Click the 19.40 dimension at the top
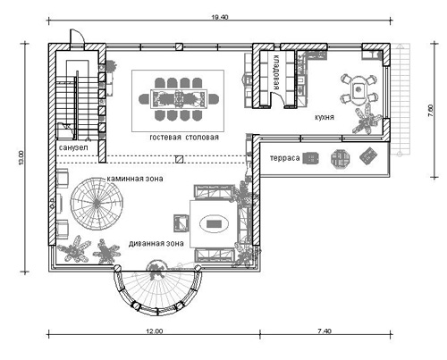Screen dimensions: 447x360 220,17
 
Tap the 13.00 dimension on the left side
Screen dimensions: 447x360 21,158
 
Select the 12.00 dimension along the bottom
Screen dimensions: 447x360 155,331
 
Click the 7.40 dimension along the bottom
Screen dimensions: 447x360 325,331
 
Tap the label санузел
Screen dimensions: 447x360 73,147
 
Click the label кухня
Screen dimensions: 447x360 325,117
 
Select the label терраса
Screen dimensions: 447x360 284,158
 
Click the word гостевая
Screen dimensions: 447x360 165,138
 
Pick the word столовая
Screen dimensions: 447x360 202,138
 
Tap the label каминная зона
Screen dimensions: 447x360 135,179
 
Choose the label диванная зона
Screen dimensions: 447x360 156,244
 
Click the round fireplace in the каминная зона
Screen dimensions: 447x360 97,204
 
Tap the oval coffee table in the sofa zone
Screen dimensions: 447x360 214,223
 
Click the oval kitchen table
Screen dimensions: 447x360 359,89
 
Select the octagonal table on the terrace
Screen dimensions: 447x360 340,158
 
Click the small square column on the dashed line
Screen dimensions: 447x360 179,159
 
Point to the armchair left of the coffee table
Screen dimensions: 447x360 181,223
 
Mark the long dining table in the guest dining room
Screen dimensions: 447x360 178,98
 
